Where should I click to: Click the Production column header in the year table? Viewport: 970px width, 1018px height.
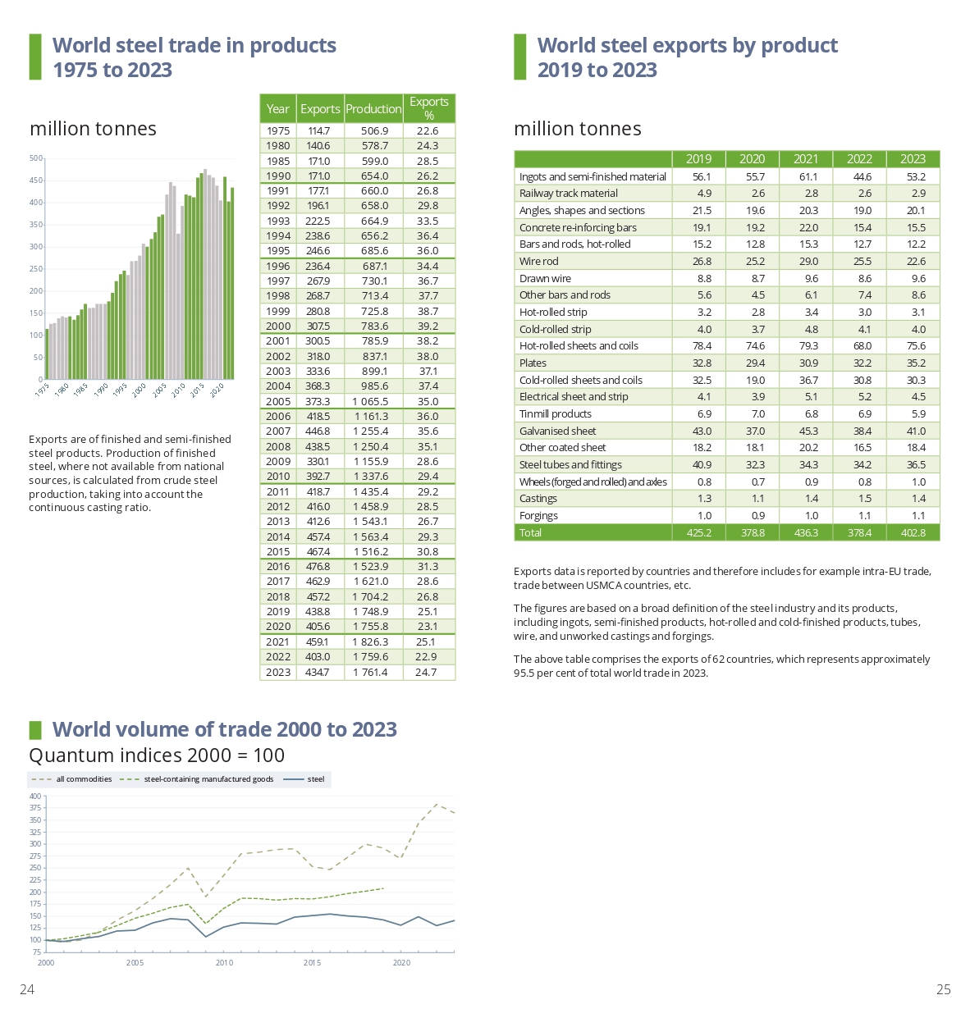(x=373, y=109)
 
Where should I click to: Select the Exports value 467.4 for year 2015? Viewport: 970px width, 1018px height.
(x=318, y=552)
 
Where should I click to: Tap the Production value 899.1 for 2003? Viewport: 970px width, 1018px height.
(x=374, y=372)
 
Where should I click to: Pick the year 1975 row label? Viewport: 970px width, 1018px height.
(x=278, y=131)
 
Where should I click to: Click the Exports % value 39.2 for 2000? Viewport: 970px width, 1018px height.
(x=428, y=326)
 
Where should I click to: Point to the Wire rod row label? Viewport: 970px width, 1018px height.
(x=538, y=262)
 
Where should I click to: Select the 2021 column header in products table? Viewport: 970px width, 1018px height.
(x=806, y=159)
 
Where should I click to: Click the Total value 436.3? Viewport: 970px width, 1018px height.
(x=806, y=533)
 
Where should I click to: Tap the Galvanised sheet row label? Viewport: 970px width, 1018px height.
(x=557, y=431)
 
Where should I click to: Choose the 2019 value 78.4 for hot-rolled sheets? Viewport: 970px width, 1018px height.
(x=702, y=346)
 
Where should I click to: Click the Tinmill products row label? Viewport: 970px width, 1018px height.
(x=555, y=414)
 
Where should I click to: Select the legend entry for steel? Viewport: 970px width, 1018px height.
(x=316, y=779)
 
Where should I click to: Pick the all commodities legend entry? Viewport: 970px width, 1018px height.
(x=84, y=779)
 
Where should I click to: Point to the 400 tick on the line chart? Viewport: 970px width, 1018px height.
(x=35, y=797)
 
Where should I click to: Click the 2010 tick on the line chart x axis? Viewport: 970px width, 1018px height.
(x=224, y=963)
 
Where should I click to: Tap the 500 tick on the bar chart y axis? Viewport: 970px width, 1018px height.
(x=36, y=158)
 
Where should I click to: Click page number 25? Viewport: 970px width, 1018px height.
(x=944, y=990)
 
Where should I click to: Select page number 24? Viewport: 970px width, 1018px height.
(x=27, y=990)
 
